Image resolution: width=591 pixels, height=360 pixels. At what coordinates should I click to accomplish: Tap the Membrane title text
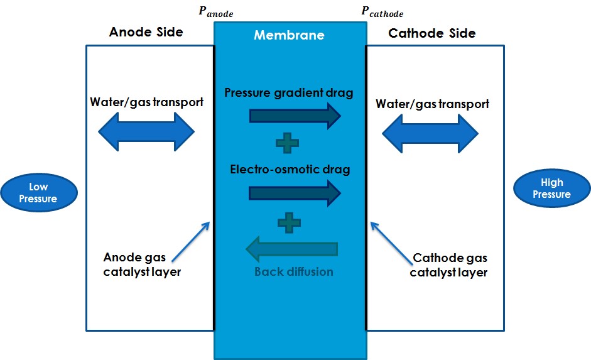click(x=289, y=35)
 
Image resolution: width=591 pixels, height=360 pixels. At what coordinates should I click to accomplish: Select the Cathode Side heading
click(x=432, y=33)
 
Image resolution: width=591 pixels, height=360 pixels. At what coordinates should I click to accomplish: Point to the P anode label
click(x=215, y=12)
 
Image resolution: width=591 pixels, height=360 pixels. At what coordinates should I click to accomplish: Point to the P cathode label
click(x=382, y=12)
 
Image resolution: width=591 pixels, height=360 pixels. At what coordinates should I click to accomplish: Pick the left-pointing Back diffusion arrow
click(x=291, y=249)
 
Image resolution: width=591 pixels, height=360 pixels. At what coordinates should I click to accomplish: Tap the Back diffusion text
click(x=293, y=272)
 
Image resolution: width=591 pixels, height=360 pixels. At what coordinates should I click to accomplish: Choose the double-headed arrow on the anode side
click(x=147, y=133)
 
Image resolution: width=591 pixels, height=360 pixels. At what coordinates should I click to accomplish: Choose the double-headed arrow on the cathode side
click(x=431, y=134)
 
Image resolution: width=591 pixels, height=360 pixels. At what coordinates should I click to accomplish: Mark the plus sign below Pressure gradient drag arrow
click(x=288, y=143)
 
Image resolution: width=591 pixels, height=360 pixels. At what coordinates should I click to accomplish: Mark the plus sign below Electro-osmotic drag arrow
click(x=289, y=221)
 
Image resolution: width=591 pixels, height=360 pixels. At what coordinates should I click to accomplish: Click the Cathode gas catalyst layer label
click(x=449, y=265)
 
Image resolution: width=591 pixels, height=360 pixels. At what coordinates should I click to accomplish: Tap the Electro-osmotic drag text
click(x=290, y=169)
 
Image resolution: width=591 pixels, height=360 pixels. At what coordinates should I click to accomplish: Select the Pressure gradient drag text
click(x=289, y=93)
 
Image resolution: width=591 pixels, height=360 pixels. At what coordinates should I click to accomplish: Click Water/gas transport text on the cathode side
click(x=432, y=104)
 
